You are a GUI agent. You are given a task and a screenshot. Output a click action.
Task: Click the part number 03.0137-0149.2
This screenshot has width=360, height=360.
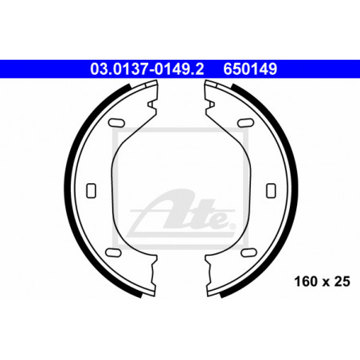147,69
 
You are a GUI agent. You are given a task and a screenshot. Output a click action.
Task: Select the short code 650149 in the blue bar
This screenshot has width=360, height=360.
250,69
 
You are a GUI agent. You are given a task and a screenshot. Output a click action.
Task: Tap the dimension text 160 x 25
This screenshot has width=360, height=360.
322,281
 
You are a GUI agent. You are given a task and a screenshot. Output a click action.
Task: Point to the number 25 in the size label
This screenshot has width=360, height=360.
342,281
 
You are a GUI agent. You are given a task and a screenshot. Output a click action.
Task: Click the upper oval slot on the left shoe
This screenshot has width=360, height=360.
116,123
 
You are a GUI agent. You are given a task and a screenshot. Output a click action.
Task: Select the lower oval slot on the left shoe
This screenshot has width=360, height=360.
113,252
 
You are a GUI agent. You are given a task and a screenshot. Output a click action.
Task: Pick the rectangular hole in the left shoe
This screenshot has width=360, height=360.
91,190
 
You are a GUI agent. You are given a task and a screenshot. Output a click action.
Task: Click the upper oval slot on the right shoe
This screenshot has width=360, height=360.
245,123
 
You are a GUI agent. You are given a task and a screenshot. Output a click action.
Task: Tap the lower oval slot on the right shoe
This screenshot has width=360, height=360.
248,252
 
